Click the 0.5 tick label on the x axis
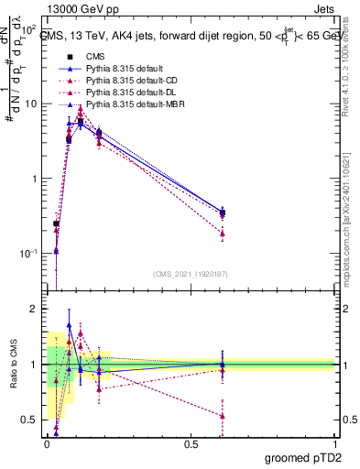coord(191,443)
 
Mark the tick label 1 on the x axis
coord(334,443)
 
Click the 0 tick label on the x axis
coord(48,443)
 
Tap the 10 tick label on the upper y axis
coord(31,104)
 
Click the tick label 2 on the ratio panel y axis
coord(37,309)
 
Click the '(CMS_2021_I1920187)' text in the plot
coord(191,274)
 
